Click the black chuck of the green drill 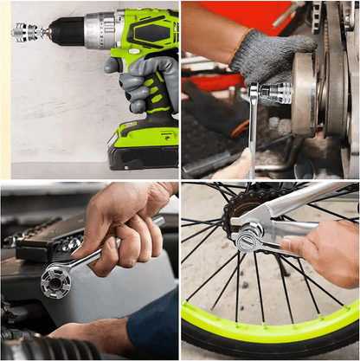(x=66, y=32)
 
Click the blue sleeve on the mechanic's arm (x=156, y=329)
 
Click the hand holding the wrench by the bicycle (x=325, y=251)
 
